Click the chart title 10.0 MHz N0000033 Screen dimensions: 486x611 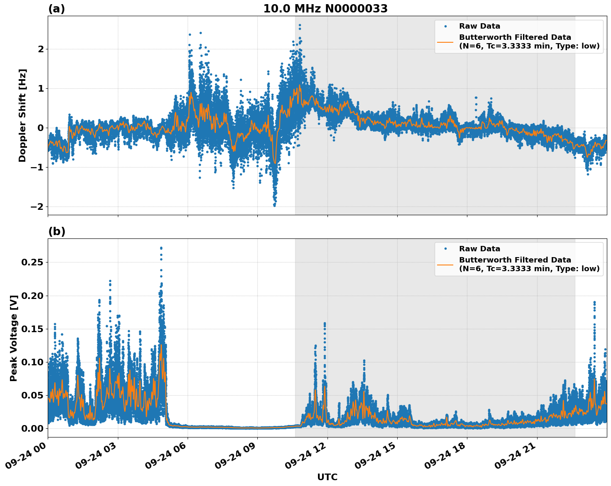point(325,9)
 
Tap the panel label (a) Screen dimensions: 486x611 point(56,9)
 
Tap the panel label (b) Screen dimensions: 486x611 point(56,231)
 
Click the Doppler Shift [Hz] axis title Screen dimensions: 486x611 point(22,115)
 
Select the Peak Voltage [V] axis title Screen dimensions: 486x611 point(14,338)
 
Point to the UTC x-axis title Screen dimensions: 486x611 point(327,477)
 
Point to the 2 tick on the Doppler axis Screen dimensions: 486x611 point(41,49)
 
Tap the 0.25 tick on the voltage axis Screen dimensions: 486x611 point(32,262)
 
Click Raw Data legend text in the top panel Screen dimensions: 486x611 point(479,26)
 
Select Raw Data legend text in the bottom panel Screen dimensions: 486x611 point(479,249)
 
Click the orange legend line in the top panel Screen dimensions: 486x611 point(445,41)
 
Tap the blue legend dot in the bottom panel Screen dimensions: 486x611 point(445,249)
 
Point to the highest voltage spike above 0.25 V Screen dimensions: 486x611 point(161,248)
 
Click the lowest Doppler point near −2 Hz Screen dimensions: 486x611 point(274,205)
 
